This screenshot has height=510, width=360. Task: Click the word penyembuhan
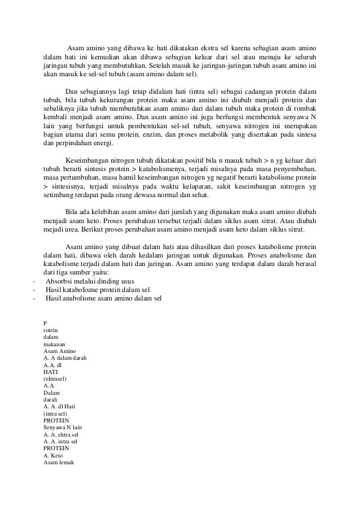(293, 169)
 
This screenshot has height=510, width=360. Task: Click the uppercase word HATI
(50, 372)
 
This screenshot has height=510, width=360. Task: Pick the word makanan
(54, 345)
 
